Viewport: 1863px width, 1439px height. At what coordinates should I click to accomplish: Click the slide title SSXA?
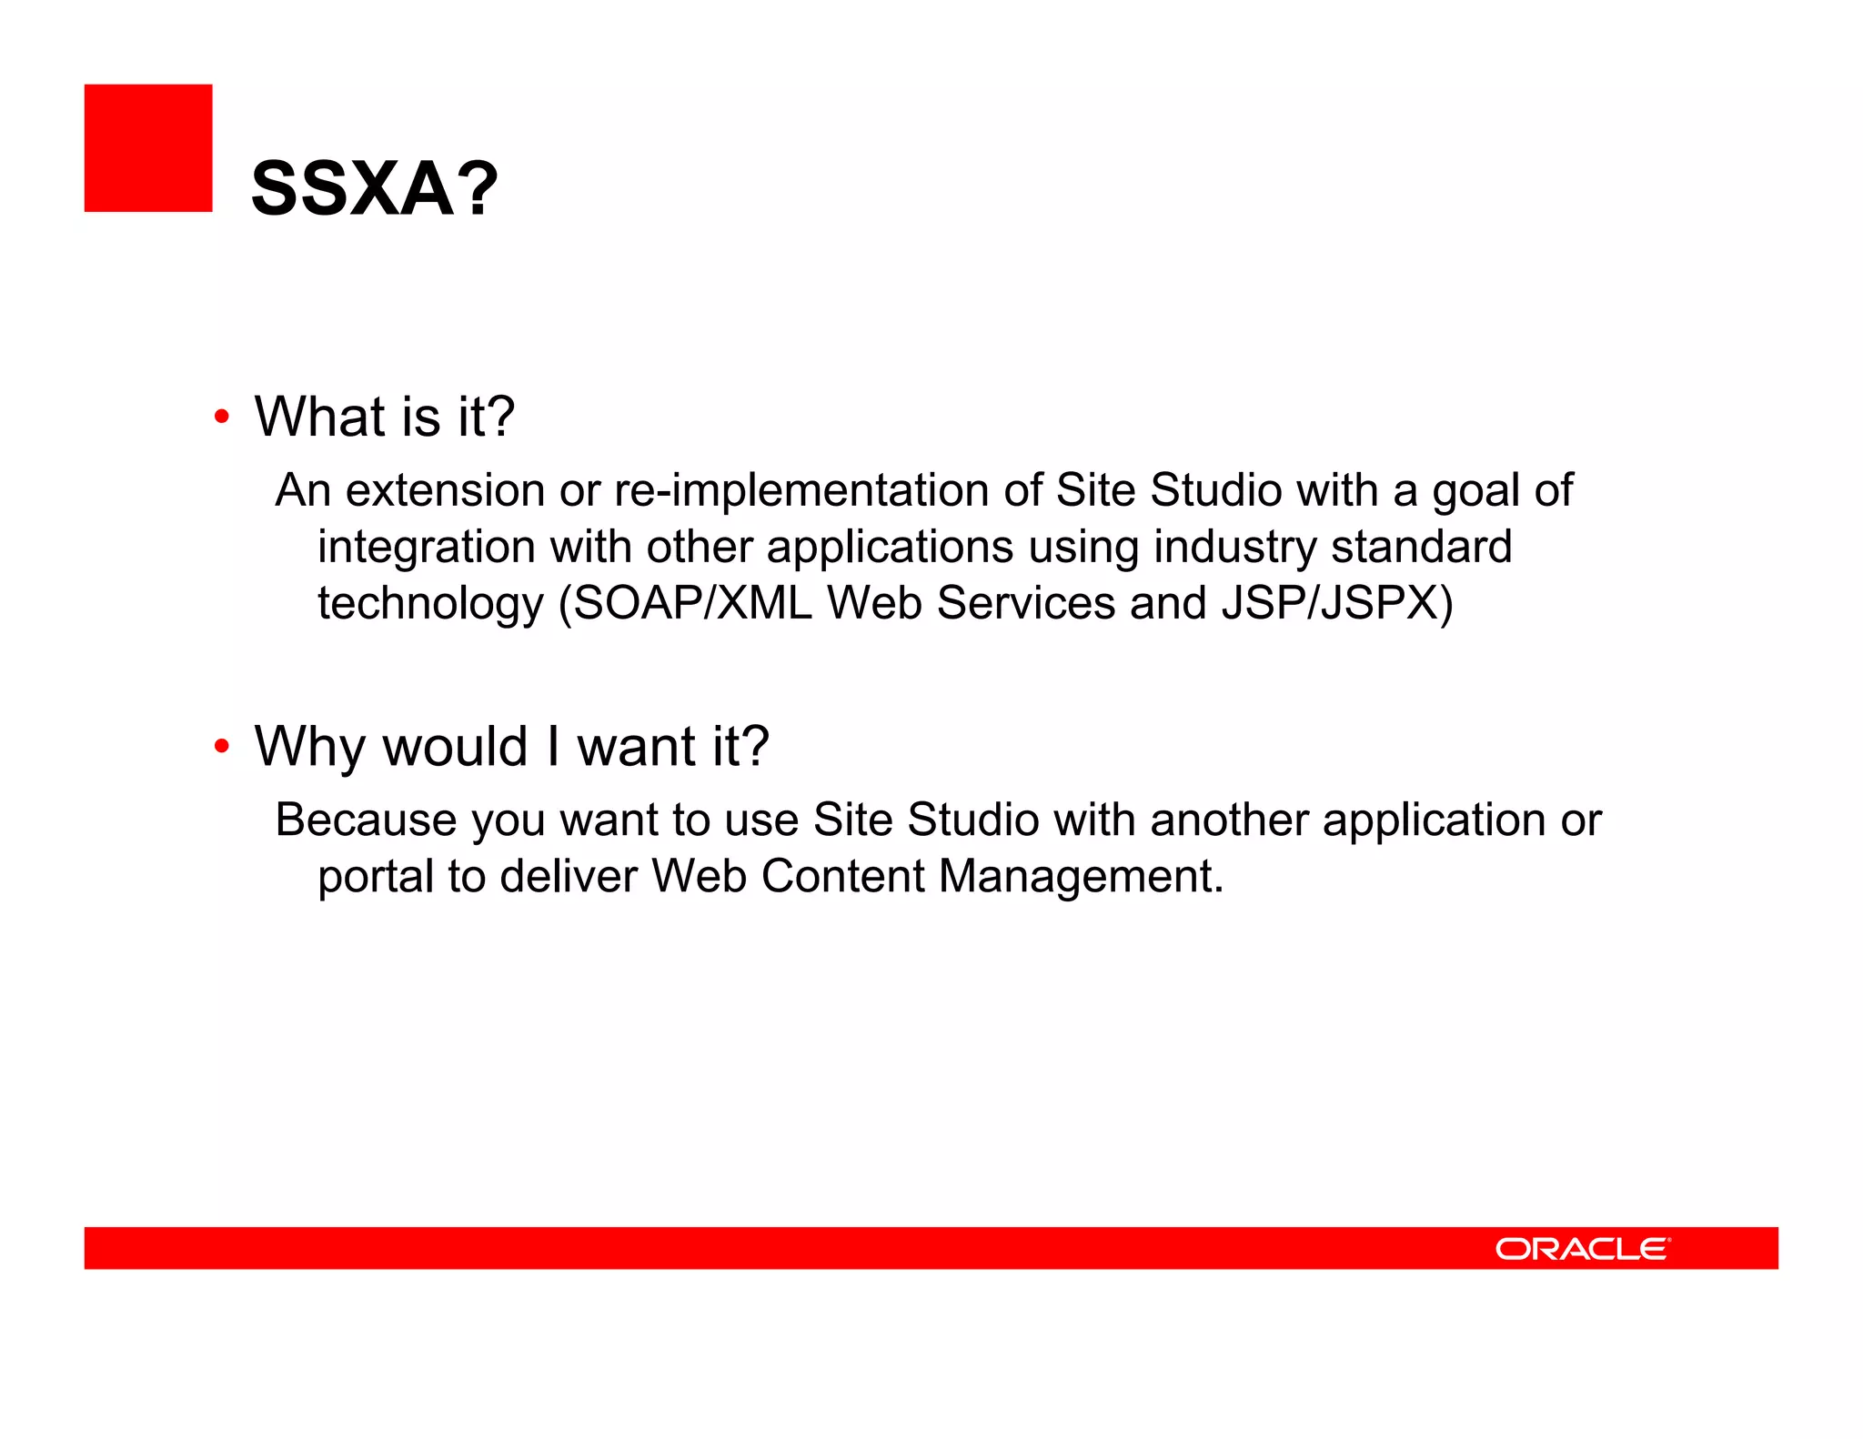click(x=374, y=188)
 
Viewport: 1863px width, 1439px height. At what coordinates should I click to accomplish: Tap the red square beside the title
click(x=148, y=148)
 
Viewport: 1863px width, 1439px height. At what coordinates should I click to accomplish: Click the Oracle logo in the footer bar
click(x=1582, y=1248)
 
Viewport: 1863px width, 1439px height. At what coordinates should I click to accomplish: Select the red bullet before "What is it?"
click(x=221, y=418)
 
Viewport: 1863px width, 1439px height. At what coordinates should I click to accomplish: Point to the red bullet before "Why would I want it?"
click(x=221, y=747)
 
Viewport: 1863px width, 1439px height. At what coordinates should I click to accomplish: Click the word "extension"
click(x=445, y=490)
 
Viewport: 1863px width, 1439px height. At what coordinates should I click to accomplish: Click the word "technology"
click(x=430, y=603)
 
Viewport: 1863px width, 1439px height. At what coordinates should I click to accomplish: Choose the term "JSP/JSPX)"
click(x=1337, y=603)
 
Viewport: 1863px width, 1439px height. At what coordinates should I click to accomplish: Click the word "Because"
click(x=367, y=820)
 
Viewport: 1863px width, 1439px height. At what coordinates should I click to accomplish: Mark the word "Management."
click(x=1082, y=876)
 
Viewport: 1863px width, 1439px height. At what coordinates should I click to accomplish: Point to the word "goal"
click(x=1476, y=490)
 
